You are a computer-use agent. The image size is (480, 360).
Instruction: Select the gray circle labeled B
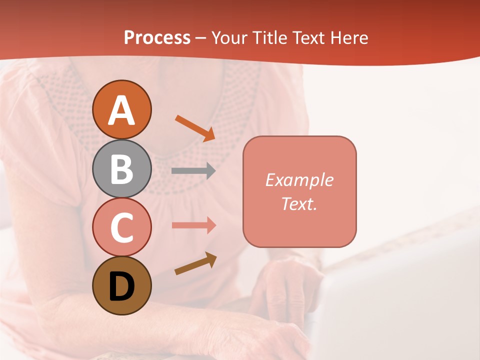122,168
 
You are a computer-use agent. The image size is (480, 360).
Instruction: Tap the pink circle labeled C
122,227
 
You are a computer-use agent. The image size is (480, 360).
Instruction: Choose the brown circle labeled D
122,285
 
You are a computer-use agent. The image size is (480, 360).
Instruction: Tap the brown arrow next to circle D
195,263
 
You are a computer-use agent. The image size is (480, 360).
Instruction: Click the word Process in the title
157,38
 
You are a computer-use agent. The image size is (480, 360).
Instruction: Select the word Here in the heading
349,38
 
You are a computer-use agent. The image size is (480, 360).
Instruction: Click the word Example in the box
299,180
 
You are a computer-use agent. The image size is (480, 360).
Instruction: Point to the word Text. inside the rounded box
299,203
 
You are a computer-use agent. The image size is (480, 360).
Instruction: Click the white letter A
122,110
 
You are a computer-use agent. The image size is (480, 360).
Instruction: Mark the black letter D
122,287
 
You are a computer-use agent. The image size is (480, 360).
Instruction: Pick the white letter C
122,228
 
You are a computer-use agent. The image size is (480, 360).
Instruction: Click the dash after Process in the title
200,38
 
